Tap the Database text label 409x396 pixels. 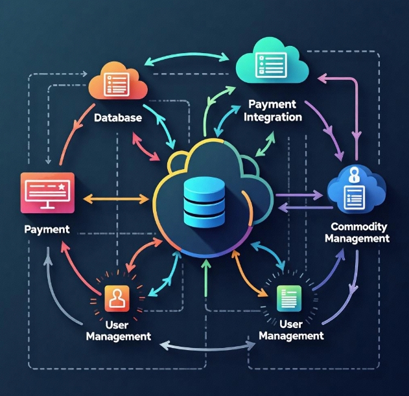coord(119,119)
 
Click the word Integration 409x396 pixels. coord(273,117)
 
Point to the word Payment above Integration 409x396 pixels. coord(272,104)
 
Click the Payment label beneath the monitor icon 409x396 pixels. coord(47,229)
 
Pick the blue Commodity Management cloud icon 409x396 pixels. coord(355,190)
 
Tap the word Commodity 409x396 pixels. coord(358,227)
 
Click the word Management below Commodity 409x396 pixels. coord(357,239)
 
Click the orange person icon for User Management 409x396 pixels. coord(117,297)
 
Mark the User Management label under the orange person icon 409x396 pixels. coord(119,330)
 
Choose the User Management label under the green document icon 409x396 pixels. coord(291,329)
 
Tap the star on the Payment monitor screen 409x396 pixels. coord(62,187)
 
